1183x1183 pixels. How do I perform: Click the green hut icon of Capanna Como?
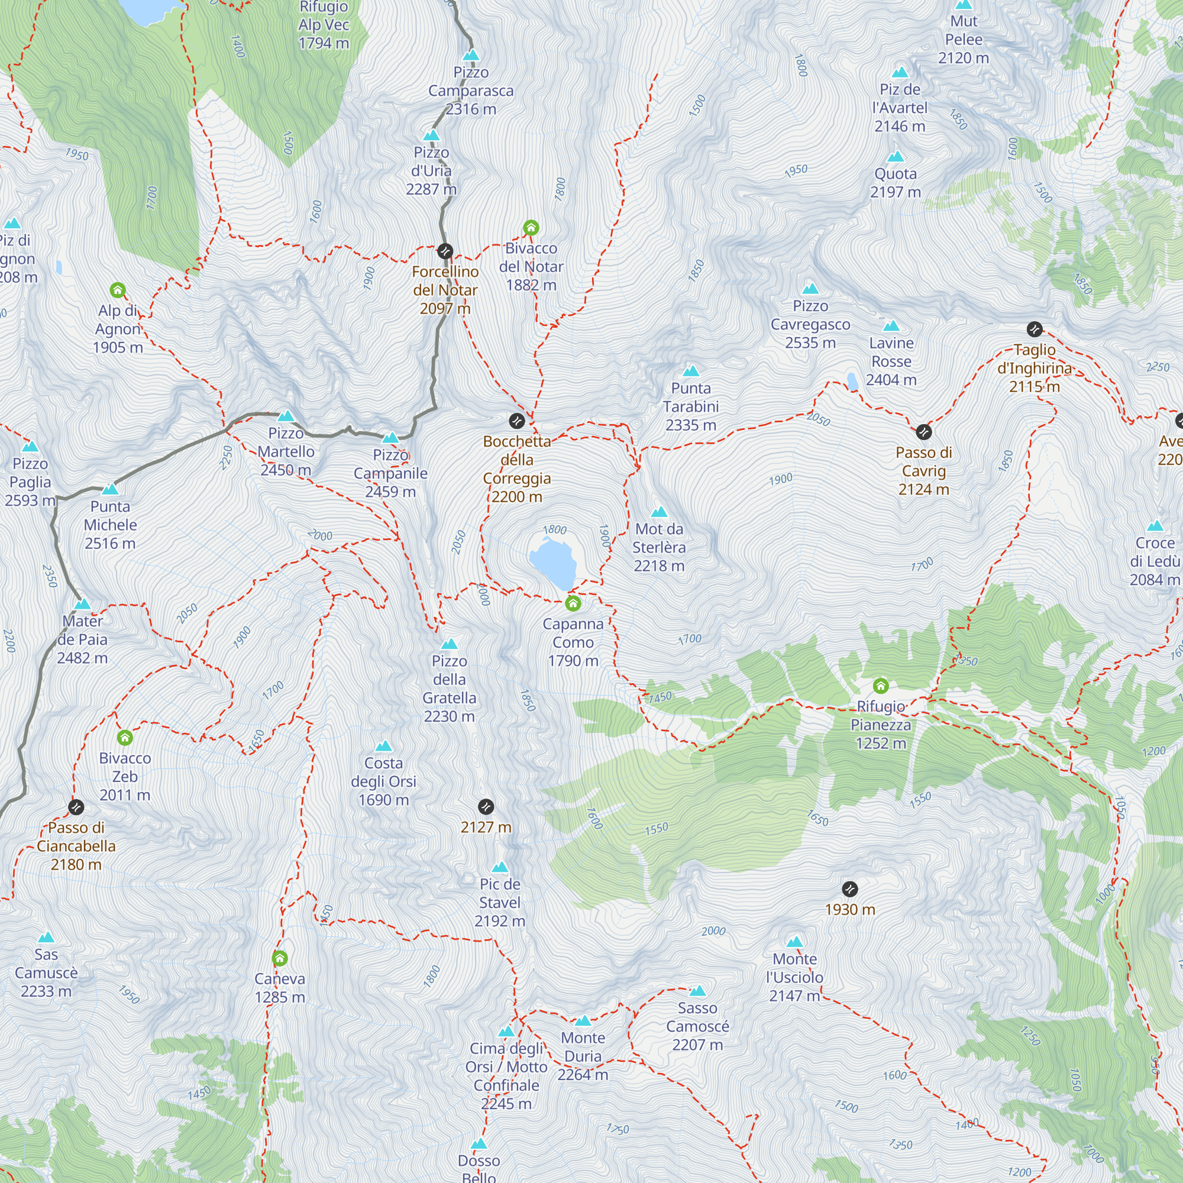(x=573, y=604)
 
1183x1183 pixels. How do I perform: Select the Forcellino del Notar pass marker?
(x=445, y=251)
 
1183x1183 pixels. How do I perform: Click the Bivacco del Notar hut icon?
(x=531, y=228)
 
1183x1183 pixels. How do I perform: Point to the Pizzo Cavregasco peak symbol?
(x=811, y=289)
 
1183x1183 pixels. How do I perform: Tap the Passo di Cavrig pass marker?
(x=923, y=432)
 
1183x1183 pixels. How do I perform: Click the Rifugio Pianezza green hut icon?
(x=881, y=685)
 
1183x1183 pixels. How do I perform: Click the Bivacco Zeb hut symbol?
(x=125, y=737)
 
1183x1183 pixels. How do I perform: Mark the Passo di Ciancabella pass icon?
(x=76, y=807)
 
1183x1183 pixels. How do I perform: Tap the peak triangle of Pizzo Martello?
(x=286, y=416)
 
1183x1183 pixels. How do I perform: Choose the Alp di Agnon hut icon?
(x=118, y=290)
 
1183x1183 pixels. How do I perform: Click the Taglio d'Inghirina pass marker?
(x=1034, y=329)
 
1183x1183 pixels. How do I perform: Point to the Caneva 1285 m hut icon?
(x=280, y=958)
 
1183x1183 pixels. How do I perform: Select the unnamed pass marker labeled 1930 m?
(x=850, y=888)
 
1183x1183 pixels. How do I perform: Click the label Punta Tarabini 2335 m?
(x=691, y=406)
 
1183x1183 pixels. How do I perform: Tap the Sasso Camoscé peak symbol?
(x=697, y=991)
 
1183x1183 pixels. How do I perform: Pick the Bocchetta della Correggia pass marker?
(x=517, y=421)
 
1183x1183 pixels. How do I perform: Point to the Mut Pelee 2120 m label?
(x=963, y=39)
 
